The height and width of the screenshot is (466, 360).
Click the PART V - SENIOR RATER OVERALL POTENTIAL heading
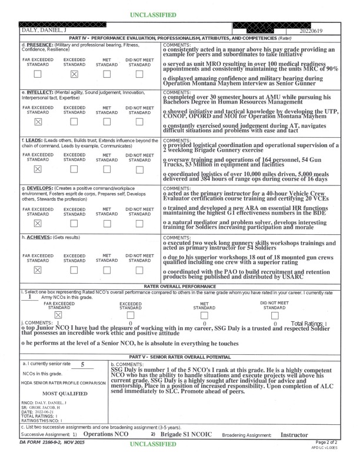[x=180, y=357]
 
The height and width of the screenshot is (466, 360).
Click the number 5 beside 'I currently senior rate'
[x=82, y=365]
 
